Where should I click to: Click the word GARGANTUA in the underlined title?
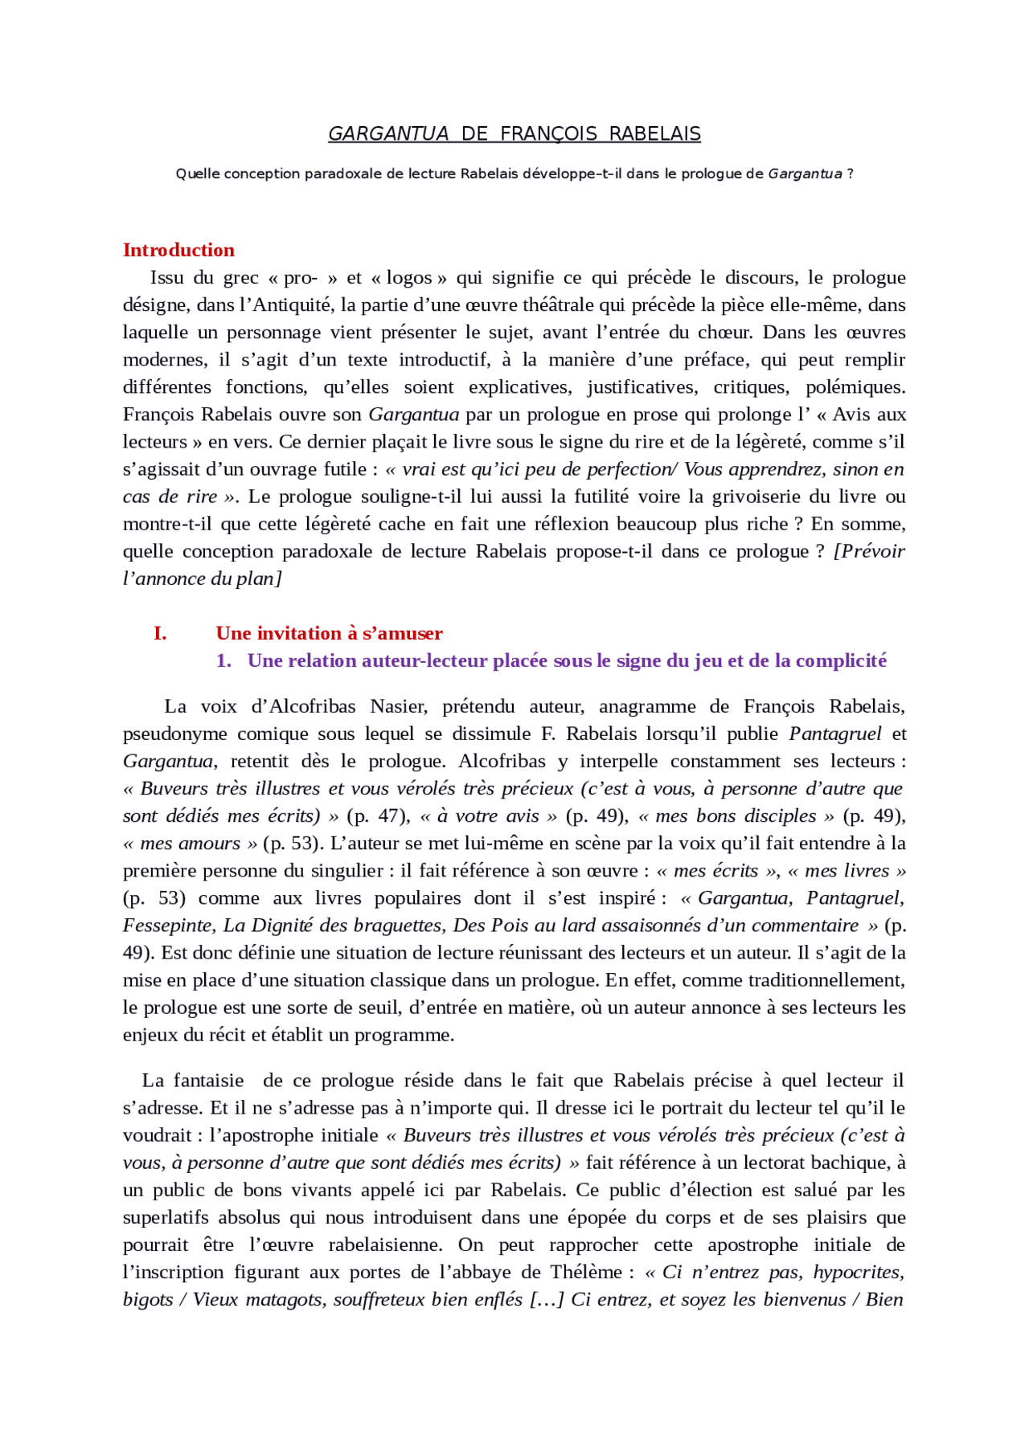coord(388,134)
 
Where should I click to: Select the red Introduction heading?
coord(178,250)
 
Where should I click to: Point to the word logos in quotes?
coord(409,278)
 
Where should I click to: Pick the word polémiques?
coord(855,387)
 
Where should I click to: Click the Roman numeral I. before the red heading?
coord(160,633)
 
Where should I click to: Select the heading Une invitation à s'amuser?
coord(329,633)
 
